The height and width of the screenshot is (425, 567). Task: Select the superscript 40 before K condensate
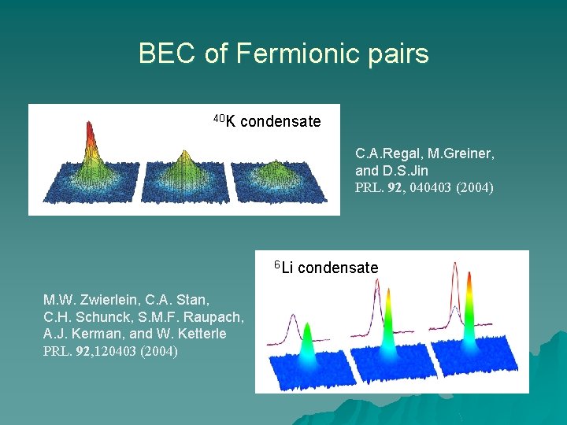219,118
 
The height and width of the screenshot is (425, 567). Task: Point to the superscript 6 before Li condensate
277,263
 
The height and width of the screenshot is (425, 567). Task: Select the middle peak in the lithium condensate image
387,331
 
